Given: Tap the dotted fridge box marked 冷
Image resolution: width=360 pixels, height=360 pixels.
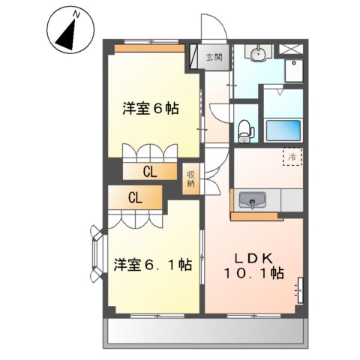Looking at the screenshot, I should pos(293,157).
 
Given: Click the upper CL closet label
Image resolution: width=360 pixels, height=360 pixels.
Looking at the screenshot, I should pos(150,172).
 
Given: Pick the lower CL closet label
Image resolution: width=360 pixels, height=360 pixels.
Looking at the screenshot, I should pos(135,198).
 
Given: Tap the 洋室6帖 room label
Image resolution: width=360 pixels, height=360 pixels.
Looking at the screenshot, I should pos(151,109).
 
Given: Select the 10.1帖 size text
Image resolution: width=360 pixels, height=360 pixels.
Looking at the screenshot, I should pos(256,274).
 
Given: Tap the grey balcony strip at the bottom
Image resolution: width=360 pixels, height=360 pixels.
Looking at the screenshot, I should pos(204,330).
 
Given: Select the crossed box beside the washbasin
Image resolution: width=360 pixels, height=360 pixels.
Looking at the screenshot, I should pos(288,50).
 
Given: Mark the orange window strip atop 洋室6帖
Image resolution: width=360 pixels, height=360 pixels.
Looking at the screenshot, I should pos(149,48).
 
